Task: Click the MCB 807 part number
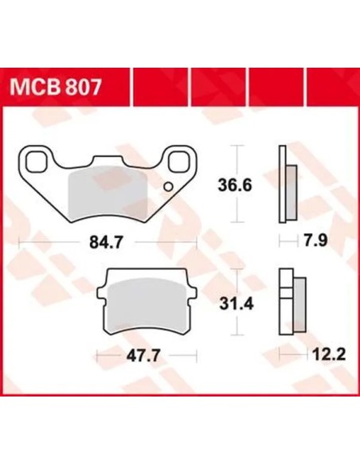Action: [56, 88]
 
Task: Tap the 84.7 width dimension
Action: [106, 243]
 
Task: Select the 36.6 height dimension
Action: [235, 186]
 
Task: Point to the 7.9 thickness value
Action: [315, 240]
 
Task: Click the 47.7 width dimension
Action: [143, 355]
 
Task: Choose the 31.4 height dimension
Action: [237, 304]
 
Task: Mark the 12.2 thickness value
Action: [330, 354]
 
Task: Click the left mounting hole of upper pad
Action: [36, 162]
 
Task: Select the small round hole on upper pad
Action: [168, 186]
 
